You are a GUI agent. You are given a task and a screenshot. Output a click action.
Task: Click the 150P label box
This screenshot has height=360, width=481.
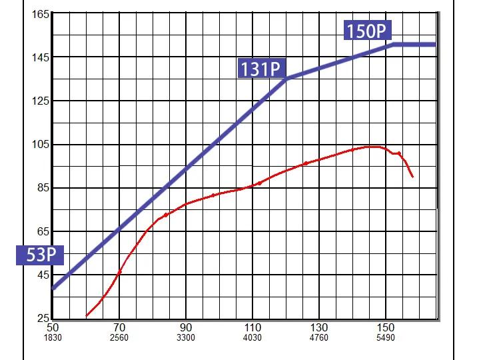[367, 31]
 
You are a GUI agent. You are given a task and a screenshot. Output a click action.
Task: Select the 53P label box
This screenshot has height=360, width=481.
[40, 255]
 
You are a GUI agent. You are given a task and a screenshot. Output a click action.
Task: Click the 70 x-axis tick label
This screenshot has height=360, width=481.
[119, 327]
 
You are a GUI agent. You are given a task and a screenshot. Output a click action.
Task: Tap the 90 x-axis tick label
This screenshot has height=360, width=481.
[186, 327]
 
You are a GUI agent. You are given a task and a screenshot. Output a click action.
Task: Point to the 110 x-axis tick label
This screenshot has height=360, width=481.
[252, 327]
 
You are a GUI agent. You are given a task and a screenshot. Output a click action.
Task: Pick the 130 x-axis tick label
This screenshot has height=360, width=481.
[319, 327]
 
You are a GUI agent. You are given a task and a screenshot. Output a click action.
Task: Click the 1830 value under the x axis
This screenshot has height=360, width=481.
[53, 337]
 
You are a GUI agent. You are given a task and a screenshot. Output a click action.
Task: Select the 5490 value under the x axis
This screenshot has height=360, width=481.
[386, 337]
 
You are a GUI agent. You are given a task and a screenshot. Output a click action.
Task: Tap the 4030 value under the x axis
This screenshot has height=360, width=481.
[252, 337]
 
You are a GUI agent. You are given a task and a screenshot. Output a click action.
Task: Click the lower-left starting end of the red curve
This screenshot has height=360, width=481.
[87, 315]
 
